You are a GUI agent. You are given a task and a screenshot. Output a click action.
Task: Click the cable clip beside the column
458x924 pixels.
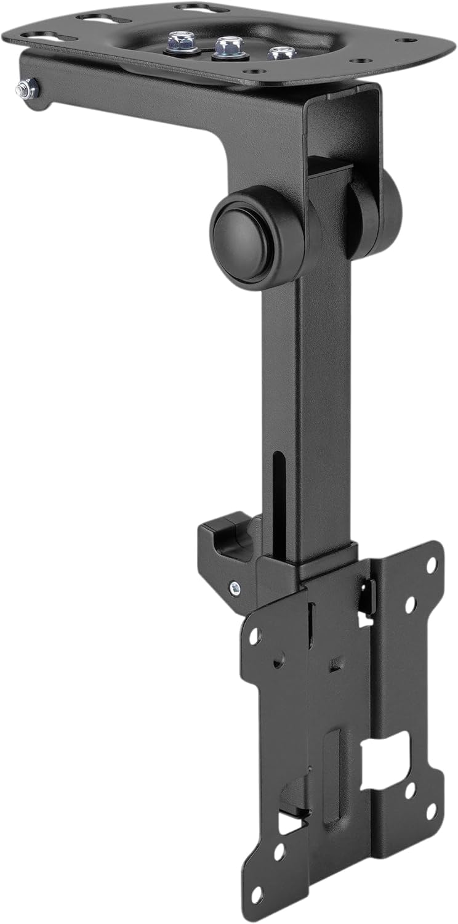[225, 542]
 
